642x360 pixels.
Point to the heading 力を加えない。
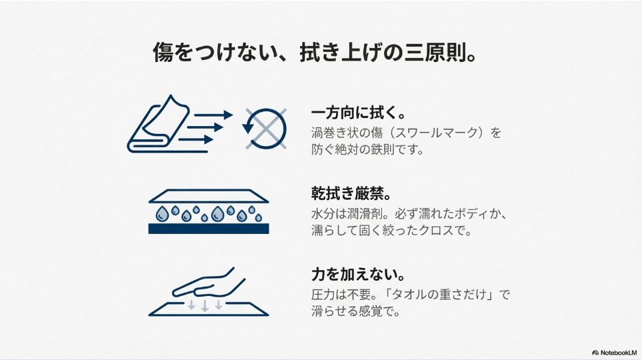click(x=359, y=274)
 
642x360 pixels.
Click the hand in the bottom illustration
click(x=203, y=283)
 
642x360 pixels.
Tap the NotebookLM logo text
click(x=617, y=351)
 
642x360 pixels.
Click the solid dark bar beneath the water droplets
click(x=208, y=228)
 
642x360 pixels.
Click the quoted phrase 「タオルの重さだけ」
click(x=444, y=294)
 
